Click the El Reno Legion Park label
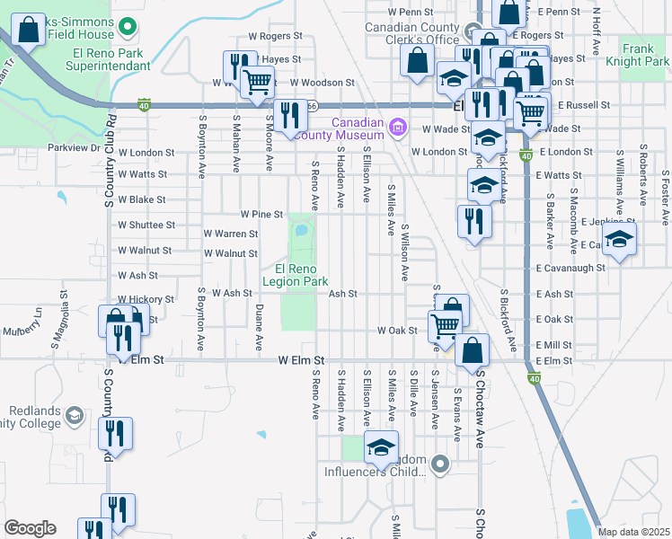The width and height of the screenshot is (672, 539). (x=295, y=274)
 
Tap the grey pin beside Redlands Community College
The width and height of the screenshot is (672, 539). (x=74, y=416)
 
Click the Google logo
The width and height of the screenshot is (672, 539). (x=30, y=528)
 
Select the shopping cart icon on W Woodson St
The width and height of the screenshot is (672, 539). (x=258, y=82)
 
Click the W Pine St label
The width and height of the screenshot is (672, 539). (x=261, y=215)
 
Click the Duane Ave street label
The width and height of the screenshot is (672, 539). (x=259, y=327)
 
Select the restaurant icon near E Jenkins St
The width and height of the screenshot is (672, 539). (x=473, y=221)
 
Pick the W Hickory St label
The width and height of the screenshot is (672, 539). (x=146, y=298)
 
